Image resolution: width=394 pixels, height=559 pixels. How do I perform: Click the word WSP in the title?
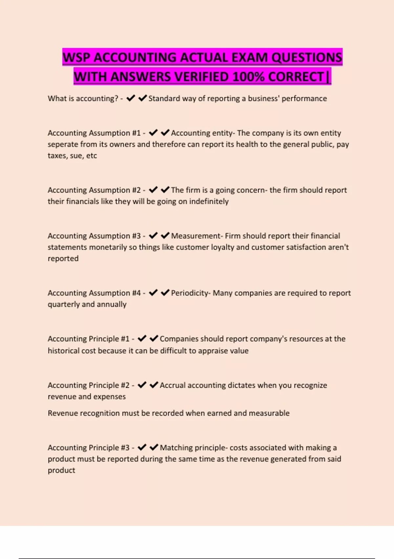click(x=77, y=58)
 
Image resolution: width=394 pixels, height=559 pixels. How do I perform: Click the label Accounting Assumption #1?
click(x=94, y=133)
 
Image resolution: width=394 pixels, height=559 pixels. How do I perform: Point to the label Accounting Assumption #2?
click(x=94, y=190)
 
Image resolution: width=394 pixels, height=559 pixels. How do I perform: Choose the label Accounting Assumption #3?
click(x=94, y=236)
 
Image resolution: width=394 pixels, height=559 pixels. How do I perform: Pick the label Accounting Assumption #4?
click(x=94, y=293)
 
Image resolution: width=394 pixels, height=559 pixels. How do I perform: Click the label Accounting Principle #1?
click(x=88, y=339)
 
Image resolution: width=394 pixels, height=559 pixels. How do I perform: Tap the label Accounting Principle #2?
click(x=88, y=385)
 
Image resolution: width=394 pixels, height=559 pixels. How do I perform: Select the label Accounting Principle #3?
click(x=88, y=448)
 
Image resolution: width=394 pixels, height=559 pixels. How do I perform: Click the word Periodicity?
click(x=190, y=293)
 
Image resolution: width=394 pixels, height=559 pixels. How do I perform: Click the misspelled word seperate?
click(x=62, y=145)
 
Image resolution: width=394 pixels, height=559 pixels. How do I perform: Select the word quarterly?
click(x=63, y=304)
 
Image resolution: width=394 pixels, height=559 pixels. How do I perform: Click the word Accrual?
click(x=172, y=385)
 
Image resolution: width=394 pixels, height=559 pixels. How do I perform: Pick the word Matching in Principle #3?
click(x=176, y=448)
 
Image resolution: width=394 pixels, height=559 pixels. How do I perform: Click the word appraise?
click(x=203, y=351)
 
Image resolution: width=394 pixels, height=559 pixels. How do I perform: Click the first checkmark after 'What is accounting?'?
click(x=131, y=98)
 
